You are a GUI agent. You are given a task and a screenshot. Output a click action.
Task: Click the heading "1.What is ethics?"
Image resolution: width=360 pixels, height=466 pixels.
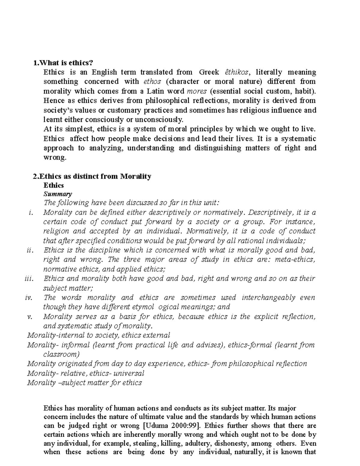(63, 63)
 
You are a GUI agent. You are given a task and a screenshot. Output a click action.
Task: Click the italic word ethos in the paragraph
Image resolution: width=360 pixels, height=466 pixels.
(152, 82)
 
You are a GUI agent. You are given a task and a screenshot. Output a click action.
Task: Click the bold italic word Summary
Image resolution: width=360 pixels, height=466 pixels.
(58, 194)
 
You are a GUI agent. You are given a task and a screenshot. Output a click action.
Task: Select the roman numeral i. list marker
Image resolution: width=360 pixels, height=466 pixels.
(30, 213)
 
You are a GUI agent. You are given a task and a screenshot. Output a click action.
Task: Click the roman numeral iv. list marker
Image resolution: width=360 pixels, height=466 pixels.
(29, 298)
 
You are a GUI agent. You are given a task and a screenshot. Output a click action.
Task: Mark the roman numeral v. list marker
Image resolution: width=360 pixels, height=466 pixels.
(30, 317)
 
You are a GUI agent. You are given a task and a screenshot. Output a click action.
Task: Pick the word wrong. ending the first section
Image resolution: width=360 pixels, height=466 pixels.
(55, 158)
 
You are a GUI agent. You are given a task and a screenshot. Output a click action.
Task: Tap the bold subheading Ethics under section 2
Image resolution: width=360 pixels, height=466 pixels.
(54, 185)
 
